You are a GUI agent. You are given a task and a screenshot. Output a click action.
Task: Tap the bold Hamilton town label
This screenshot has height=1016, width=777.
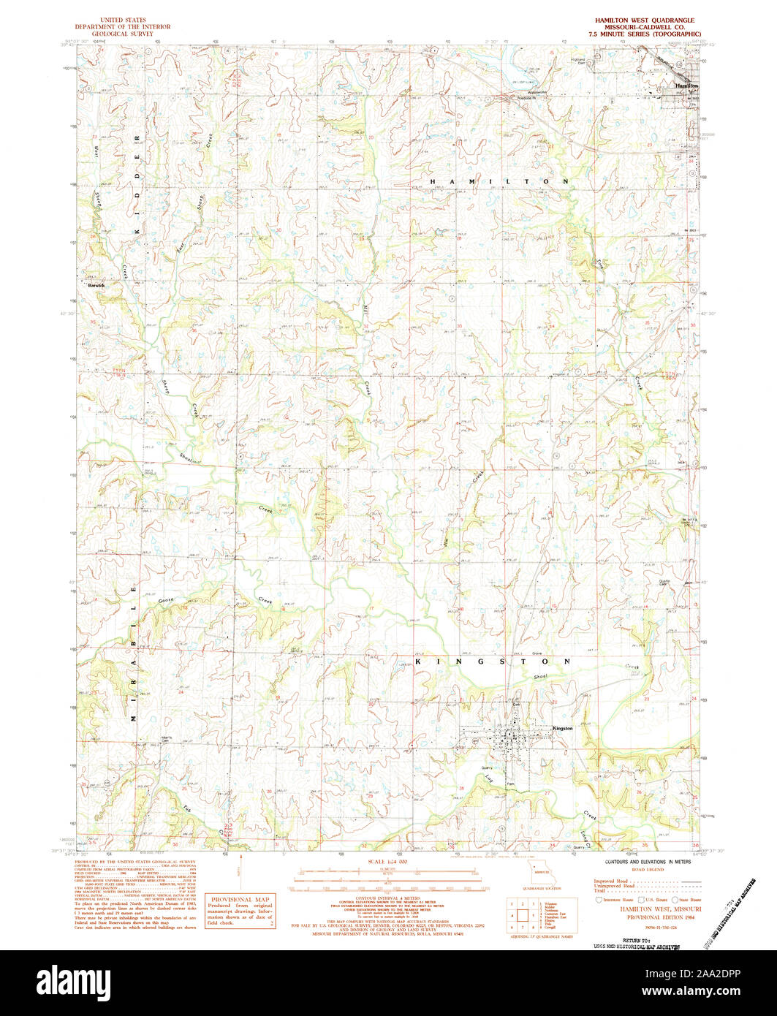point(687,86)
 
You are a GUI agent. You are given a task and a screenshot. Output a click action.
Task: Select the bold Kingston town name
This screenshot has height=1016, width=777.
point(563,729)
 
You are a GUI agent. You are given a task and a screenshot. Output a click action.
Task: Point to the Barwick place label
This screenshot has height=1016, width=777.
point(96,286)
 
